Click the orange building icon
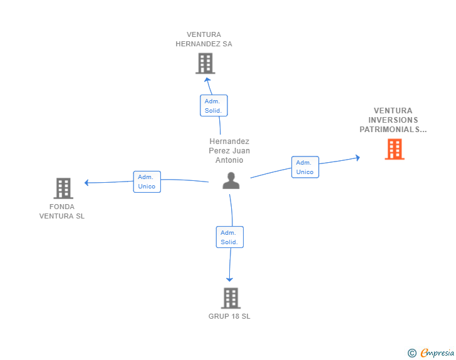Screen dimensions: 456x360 click(395, 149)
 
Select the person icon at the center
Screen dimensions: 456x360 click(231, 180)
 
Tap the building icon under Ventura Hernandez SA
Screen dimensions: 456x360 click(205, 63)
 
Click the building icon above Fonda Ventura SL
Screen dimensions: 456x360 click(63, 188)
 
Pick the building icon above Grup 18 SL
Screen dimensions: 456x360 click(231, 298)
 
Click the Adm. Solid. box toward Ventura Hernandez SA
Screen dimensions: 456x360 click(214, 106)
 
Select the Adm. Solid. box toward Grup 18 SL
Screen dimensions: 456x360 click(230, 237)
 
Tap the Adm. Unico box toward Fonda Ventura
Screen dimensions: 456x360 click(147, 182)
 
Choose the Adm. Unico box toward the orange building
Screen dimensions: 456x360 click(305, 167)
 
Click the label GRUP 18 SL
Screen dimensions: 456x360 click(229, 316)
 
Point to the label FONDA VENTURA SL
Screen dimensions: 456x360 click(62, 212)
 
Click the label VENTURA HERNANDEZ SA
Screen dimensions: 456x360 click(204, 39)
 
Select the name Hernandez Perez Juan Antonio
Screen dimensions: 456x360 click(229, 151)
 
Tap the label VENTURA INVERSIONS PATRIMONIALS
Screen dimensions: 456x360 click(393, 120)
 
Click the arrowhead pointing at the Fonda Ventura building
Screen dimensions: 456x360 click(86, 183)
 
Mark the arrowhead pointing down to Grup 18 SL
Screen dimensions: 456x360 click(229, 279)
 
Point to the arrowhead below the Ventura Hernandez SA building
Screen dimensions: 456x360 click(207, 80)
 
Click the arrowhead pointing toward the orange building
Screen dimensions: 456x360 click(358, 158)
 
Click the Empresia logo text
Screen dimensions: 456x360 click(437, 352)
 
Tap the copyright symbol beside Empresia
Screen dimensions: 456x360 click(412, 353)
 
